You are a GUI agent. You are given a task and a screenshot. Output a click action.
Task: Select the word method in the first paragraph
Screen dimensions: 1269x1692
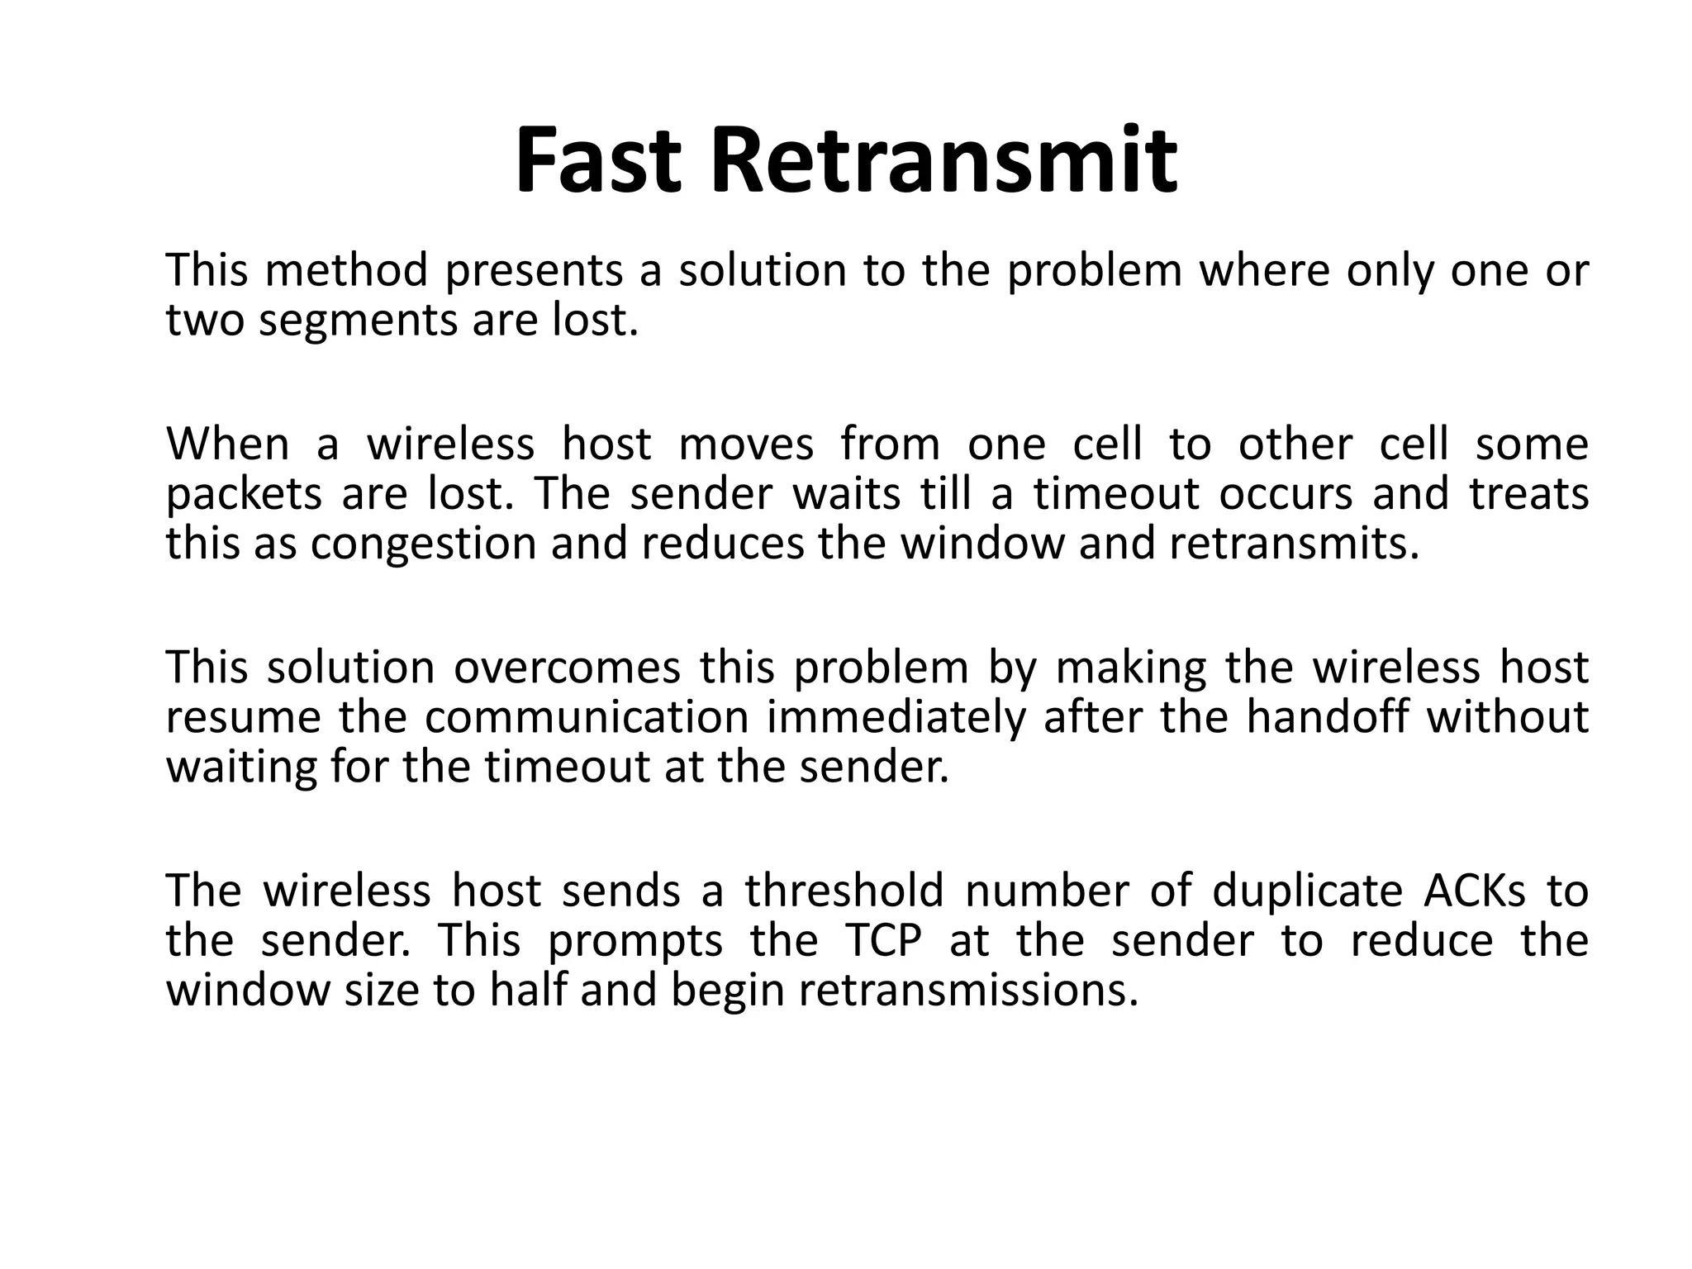click(346, 270)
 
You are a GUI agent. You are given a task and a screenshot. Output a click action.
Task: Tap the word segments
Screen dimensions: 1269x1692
click(358, 321)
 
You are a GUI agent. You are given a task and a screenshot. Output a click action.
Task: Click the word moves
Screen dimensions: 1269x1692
click(745, 444)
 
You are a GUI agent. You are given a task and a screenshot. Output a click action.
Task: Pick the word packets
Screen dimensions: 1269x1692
click(244, 495)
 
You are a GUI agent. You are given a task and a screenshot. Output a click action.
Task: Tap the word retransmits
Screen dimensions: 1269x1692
click(1294, 544)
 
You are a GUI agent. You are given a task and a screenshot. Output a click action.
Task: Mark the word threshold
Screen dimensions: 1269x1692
click(844, 891)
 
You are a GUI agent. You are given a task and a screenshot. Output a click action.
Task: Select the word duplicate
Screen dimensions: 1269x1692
click(1307, 891)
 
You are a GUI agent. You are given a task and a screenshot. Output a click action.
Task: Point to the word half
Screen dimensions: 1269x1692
click(527, 990)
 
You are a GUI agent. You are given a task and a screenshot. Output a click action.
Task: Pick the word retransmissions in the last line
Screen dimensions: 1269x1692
click(967, 990)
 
